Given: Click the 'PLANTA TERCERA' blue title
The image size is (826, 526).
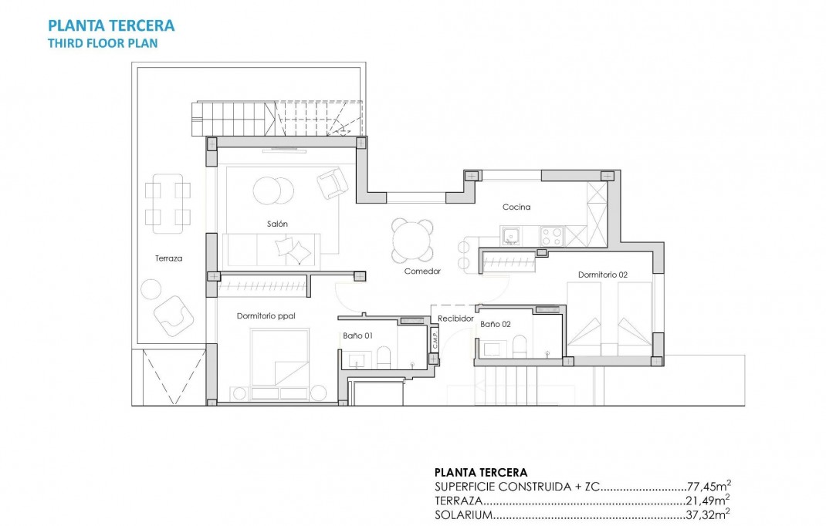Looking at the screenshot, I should (111, 25).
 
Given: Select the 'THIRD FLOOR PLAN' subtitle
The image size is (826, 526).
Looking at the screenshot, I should (103, 43).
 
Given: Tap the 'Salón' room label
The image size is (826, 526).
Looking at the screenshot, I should (277, 224).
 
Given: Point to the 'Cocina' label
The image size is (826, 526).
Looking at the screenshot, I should (516, 207).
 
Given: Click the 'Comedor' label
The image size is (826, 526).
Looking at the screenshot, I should (422, 271).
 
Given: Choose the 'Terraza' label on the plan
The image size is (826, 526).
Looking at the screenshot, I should (168, 258).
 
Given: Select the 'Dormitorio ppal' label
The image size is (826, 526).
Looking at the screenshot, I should (266, 315).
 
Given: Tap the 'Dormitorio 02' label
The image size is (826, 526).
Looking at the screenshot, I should (603, 275).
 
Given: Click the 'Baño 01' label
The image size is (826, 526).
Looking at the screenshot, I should (358, 335).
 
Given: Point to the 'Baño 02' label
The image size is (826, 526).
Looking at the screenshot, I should (495, 325).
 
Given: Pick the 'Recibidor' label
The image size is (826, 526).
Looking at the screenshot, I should (455, 318).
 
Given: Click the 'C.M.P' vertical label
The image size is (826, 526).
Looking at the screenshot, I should (435, 340).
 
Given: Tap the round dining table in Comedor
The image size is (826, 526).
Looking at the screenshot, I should (413, 241).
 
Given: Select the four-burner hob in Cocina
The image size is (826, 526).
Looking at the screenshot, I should (551, 234).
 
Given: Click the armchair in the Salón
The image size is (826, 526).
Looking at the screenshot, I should (333, 184).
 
